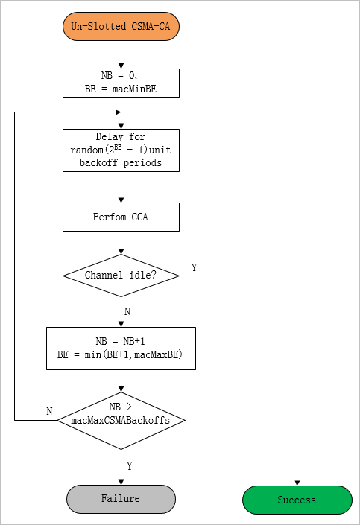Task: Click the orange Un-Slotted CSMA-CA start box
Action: (x=121, y=27)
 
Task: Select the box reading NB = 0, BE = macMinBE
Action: (x=121, y=83)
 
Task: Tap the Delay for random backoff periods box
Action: (x=121, y=150)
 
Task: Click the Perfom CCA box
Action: (x=121, y=217)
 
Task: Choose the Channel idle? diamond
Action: (x=121, y=276)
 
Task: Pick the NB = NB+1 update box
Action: (x=121, y=349)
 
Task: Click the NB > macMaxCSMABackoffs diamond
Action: (x=121, y=421)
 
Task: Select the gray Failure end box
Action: (x=121, y=499)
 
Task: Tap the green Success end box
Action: (x=297, y=500)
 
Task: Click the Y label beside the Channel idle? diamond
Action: (x=194, y=267)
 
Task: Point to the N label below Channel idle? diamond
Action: (x=127, y=311)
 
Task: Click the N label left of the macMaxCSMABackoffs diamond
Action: (x=49, y=411)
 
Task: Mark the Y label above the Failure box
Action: (x=130, y=465)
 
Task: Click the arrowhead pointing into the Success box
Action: (x=297, y=483)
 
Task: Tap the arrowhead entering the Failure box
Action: (x=121, y=482)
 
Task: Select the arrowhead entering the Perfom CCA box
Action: (x=121, y=200)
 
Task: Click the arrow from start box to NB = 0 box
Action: (x=121, y=54)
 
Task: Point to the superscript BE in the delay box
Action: (x=118, y=147)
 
